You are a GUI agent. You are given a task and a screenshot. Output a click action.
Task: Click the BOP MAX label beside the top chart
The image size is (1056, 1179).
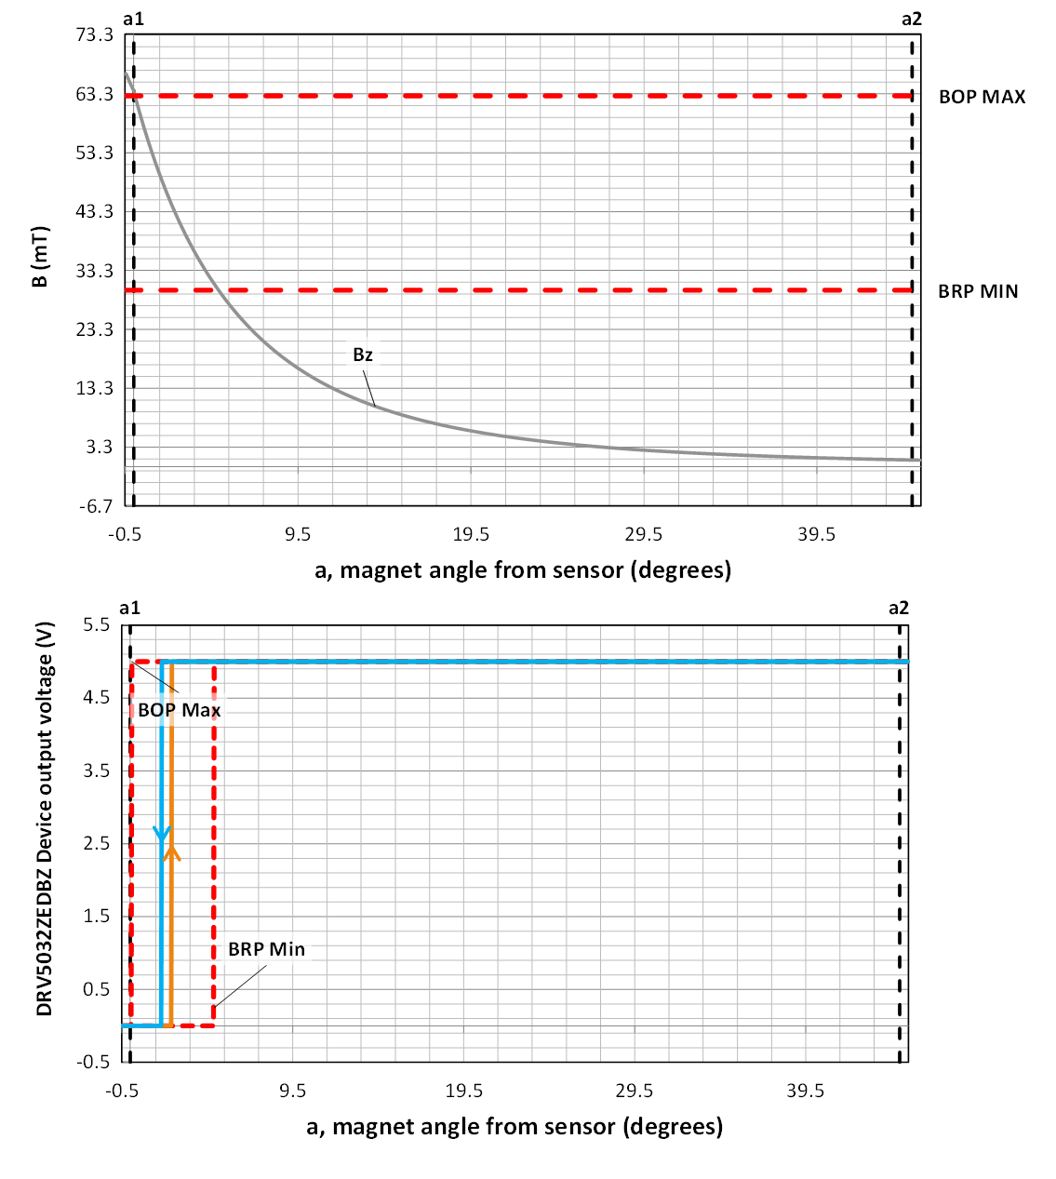(982, 97)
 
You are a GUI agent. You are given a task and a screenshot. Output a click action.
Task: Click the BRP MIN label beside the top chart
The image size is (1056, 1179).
(978, 291)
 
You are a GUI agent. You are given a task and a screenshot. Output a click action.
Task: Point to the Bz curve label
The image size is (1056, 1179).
(363, 355)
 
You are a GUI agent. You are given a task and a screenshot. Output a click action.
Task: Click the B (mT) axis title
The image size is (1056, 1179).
(40, 257)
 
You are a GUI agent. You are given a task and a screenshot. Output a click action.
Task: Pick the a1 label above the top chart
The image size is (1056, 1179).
(133, 19)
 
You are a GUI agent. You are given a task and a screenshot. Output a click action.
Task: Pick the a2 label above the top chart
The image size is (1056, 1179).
(911, 19)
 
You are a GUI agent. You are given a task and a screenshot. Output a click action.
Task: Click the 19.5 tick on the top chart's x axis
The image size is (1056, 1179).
(471, 534)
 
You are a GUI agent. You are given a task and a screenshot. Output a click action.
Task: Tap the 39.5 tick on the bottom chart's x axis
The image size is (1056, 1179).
(805, 1091)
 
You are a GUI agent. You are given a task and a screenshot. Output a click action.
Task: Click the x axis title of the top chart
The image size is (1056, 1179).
(523, 569)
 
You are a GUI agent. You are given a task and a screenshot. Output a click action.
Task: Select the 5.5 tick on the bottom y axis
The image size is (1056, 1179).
(96, 625)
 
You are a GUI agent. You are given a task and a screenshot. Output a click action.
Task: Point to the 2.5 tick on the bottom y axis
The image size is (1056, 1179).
(96, 843)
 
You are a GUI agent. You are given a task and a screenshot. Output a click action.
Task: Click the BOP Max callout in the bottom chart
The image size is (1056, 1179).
(180, 710)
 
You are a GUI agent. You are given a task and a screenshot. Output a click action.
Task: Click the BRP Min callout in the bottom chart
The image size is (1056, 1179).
(266, 949)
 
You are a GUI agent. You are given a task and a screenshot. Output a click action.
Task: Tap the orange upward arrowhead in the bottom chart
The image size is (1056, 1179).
(172, 851)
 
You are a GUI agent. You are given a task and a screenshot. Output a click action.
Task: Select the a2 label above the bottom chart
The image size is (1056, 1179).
(898, 609)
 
